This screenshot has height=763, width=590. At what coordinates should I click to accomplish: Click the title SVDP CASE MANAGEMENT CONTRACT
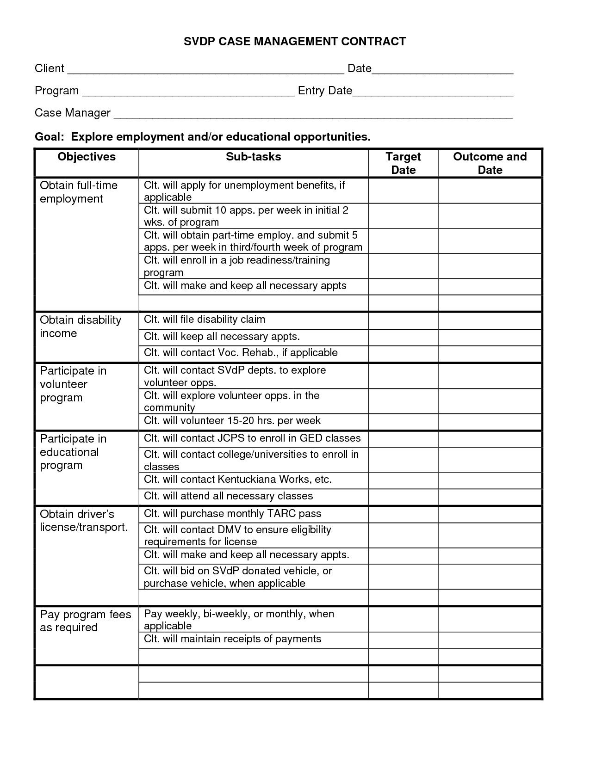(295, 42)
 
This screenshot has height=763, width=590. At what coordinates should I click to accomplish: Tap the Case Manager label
(73, 113)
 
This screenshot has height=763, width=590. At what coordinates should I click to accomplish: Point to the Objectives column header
(87, 157)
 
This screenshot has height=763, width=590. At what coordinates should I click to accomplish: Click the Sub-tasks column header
(253, 157)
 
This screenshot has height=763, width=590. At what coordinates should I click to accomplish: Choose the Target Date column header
(403, 163)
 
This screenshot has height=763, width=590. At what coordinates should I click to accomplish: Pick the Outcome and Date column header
(490, 163)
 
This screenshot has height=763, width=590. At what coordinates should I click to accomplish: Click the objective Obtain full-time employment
(79, 192)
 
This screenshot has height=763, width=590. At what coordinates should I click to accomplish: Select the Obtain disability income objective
(81, 326)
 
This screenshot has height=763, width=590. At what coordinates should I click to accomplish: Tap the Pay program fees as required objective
(86, 621)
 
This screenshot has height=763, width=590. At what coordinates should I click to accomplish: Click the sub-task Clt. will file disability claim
(205, 320)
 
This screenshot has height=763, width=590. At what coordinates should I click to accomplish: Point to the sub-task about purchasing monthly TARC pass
(232, 514)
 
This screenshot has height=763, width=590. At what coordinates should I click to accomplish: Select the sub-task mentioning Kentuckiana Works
(238, 480)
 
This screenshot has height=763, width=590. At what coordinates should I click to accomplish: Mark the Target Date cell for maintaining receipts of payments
(403, 640)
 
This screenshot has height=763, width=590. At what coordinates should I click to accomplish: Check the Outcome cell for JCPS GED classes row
(490, 439)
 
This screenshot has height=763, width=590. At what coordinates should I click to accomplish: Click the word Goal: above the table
(50, 137)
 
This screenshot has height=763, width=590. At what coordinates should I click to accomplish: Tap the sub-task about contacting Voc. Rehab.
(241, 353)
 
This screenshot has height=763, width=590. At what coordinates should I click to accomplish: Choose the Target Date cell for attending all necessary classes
(403, 497)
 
